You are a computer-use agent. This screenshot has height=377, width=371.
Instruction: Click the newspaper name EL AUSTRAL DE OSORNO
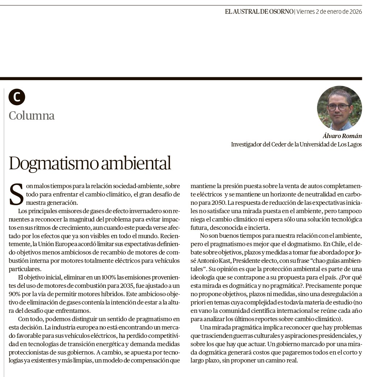pyautogui.click(x=259, y=12)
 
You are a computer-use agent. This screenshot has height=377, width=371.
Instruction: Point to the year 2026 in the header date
pyautogui.click(x=355, y=12)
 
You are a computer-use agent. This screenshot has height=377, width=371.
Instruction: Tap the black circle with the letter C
pyautogui.click(x=17, y=97)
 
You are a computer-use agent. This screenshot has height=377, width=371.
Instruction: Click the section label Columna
pyautogui.click(x=32, y=116)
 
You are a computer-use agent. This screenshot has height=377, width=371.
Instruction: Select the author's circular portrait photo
pyautogui.click(x=339, y=108)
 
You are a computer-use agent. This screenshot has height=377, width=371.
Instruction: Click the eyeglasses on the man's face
pyautogui.click(x=338, y=107)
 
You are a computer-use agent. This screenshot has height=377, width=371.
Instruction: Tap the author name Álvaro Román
pyautogui.click(x=342, y=136)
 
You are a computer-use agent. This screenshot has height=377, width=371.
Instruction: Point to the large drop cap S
pyautogui.click(x=16, y=194)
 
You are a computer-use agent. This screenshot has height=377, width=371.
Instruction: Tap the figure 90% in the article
pyautogui.click(x=16, y=294)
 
